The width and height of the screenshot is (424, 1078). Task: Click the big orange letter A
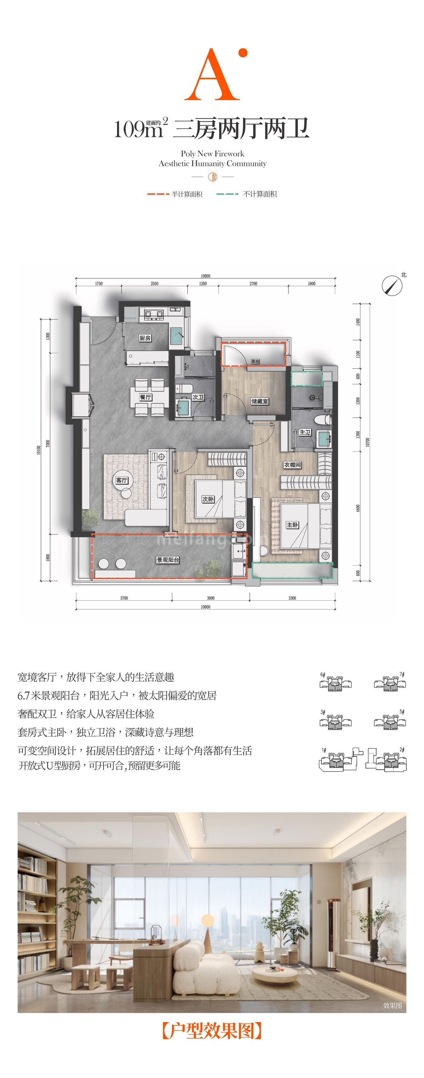coord(212,75)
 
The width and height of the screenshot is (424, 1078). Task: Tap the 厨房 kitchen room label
coord(145,338)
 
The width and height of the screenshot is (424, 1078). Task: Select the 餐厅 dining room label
coord(145,397)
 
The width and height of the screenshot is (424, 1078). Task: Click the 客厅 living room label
coord(121,480)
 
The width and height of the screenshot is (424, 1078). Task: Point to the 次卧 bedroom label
coord(208,499)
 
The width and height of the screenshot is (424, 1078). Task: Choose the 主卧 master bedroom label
coord(292,525)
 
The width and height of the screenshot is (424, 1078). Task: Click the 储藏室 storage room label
coord(260,401)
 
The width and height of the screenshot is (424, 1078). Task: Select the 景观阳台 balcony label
coord(168,560)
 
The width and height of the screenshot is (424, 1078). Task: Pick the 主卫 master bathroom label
coord(305,432)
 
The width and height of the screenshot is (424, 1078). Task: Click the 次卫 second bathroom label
coord(198,397)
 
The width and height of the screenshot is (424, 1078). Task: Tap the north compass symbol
coord(392,285)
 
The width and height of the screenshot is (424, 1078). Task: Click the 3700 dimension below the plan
coord(124,598)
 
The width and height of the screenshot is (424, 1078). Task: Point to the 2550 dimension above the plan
coord(154,284)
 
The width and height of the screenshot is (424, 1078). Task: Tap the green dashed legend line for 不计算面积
coord(228,194)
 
